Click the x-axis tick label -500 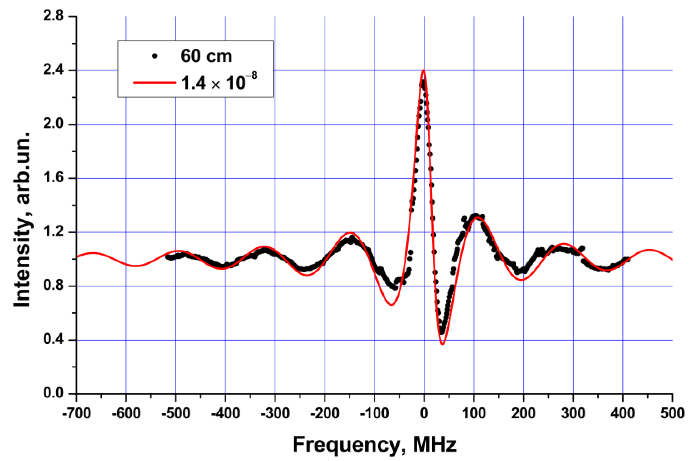pyautogui.click(x=175, y=413)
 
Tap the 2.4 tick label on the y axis pyautogui.click(x=53, y=71)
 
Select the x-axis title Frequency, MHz pyautogui.click(x=375, y=445)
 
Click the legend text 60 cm pyautogui.click(x=206, y=56)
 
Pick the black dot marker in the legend pyautogui.click(x=155, y=56)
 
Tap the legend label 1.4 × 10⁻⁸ pyautogui.click(x=219, y=82)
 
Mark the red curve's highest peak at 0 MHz pyautogui.click(x=423, y=70)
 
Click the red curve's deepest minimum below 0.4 pyautogui.click(x=442, y=344)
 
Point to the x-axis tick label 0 pyautogui.click(x=424, y=413)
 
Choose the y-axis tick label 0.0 pyautogui.click(x=53, y=393)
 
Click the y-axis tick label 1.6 pyautogui.click(x=53, y=178)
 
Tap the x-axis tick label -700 pyautogui.click(x=76, y=413)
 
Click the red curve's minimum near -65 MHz pyautogui.click(x=391, y=305)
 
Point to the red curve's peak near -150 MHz pyautogui.click(x=350, y=233)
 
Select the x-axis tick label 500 pyautogui.click(x=672, y=413)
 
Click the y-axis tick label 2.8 pyautogui.click(x=53, y=16)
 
